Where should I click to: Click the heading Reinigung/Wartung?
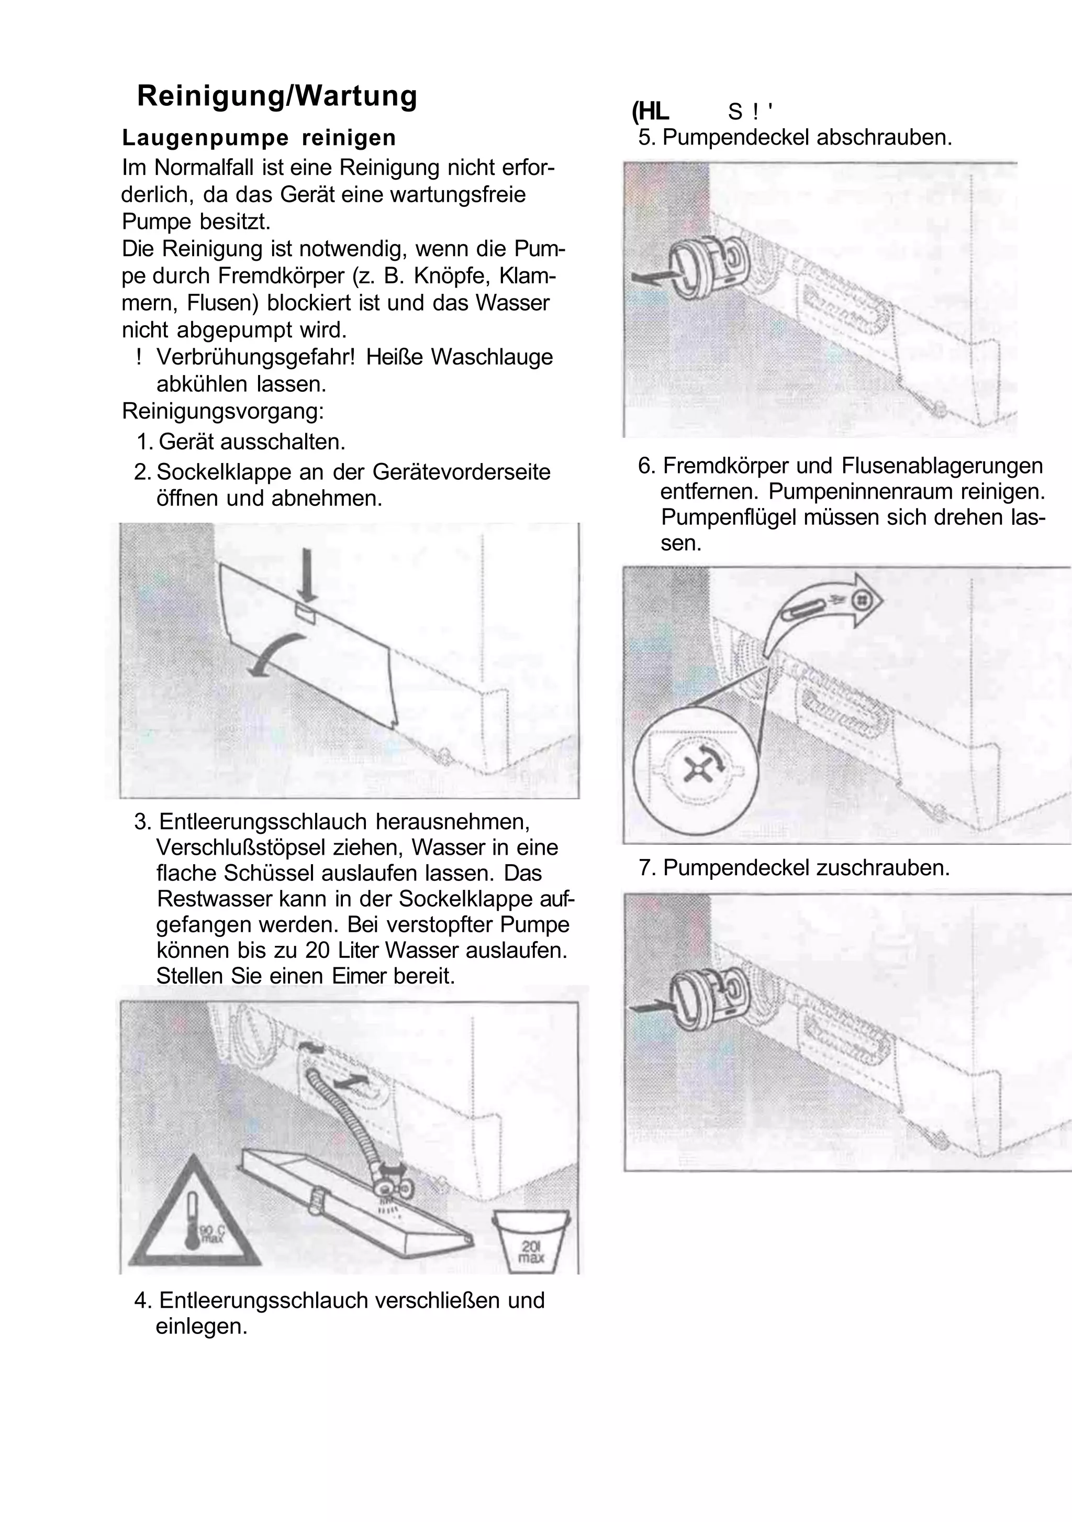[277, 96]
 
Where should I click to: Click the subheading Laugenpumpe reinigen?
[259, 138]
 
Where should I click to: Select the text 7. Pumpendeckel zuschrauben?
[794, 868]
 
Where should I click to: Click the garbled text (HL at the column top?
[651, 112]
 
